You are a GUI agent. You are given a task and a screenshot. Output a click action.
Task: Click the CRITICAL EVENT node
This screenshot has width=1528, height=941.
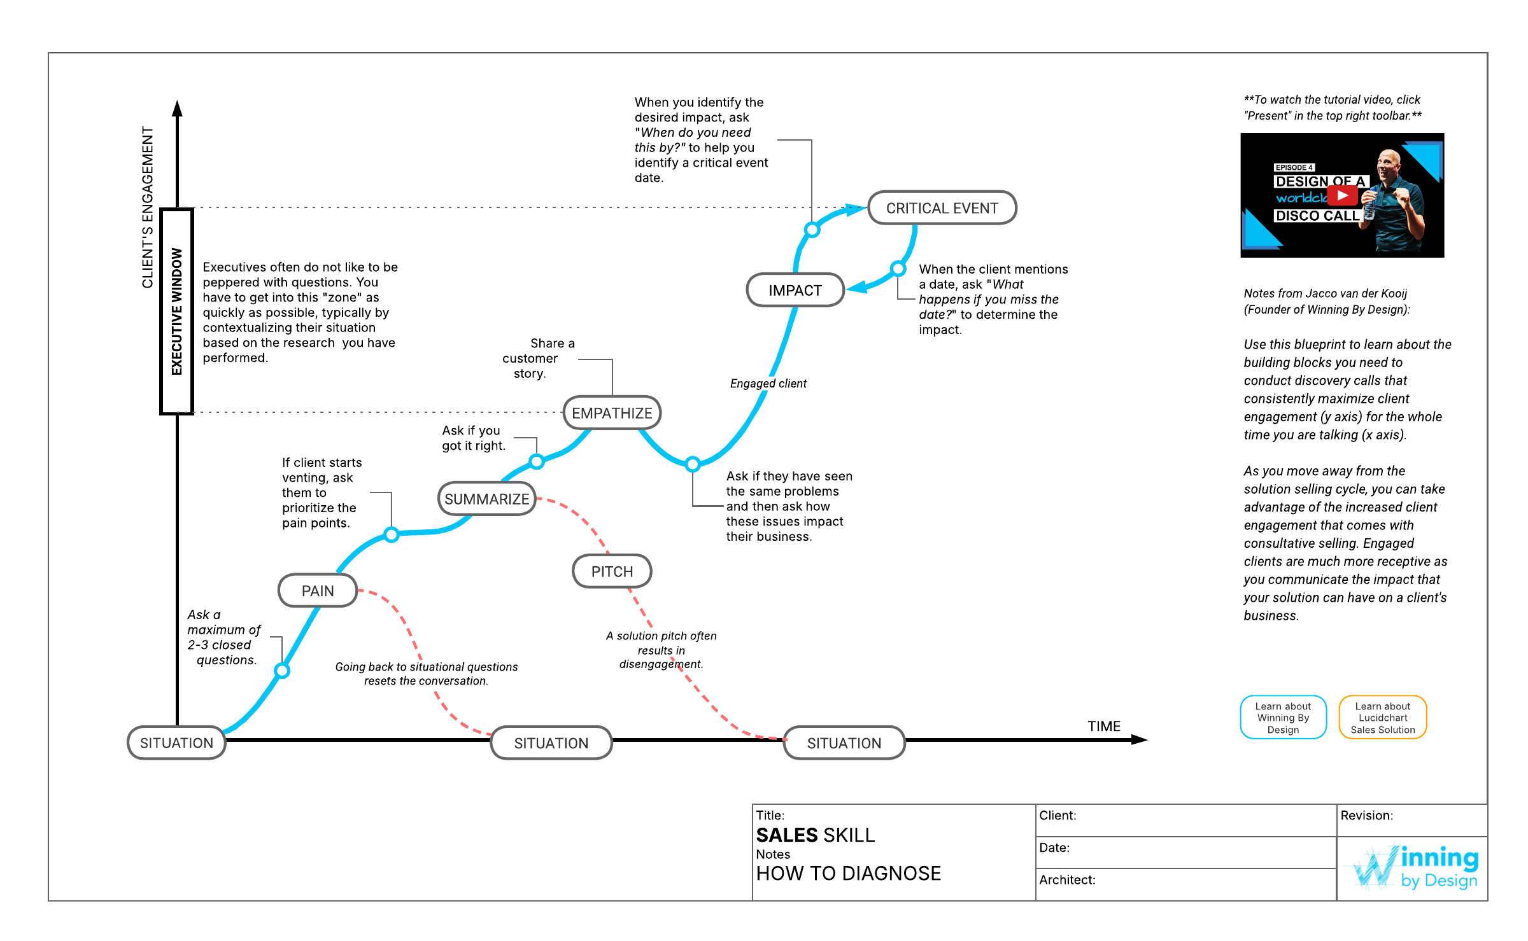tap(942, 208)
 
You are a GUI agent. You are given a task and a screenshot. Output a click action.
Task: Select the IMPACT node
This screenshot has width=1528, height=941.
tap(795, 290)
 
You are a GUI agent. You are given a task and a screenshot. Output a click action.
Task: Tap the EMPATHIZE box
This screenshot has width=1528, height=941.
tap(612, 413)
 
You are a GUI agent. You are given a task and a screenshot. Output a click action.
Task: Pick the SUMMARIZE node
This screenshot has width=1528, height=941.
tap(486, 499)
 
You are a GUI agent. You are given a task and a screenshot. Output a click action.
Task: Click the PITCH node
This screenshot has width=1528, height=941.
tap(612, 571)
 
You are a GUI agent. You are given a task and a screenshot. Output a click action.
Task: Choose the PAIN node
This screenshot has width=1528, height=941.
tap(317, 590)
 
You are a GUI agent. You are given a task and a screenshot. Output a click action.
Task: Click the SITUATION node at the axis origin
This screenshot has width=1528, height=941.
tap(176, 742)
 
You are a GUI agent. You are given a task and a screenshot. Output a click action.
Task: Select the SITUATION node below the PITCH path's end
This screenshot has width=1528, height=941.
tap(844, 742)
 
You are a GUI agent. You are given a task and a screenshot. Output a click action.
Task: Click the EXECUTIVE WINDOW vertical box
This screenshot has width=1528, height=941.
tap(176, 312)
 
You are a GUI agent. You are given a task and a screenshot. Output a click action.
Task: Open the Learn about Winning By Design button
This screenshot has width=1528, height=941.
tap(1283, 718)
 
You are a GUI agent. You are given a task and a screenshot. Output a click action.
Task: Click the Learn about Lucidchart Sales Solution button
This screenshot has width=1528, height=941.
tap(1382, 718)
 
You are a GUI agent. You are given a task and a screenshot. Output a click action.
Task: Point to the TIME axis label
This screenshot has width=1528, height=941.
tap(1104, 726)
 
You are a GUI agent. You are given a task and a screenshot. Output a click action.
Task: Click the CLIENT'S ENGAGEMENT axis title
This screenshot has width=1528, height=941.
tap(148, 207)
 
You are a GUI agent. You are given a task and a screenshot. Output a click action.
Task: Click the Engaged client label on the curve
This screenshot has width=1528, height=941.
tap(768, 383)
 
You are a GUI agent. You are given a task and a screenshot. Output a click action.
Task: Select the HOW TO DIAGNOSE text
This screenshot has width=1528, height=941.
tap(848, 873)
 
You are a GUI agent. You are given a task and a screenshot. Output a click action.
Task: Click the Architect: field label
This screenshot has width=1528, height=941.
tap(1067, 879)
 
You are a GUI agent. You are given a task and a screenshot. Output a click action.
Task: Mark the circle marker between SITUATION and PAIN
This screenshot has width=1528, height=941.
tap(282, 670)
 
